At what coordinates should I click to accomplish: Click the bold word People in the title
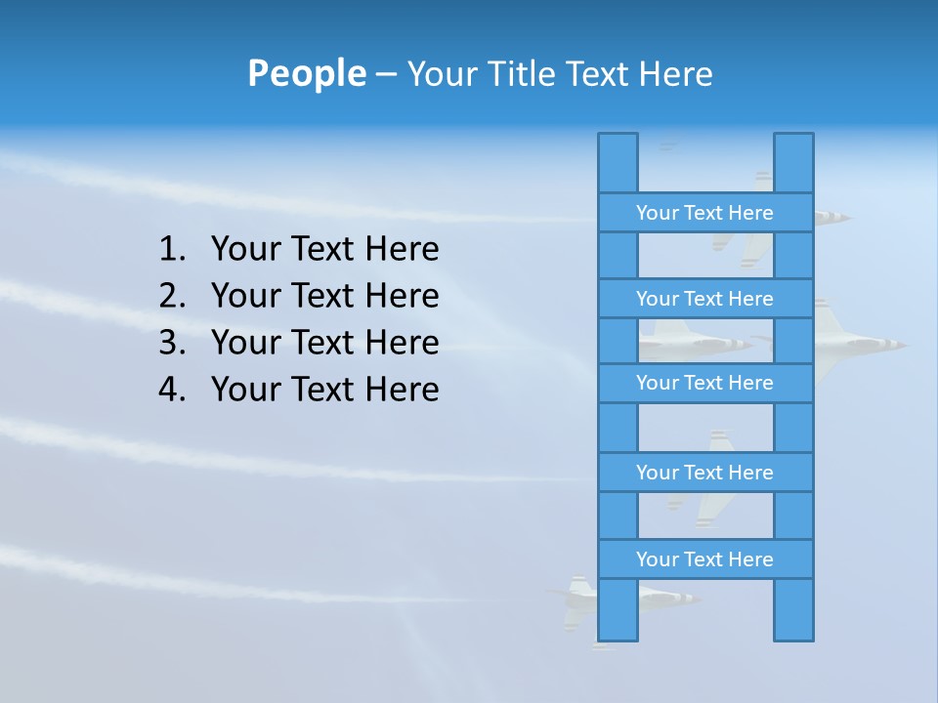[x=306, y=74]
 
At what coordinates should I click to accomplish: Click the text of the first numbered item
[x=324, y=250]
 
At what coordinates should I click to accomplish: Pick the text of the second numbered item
[x=324, y=296]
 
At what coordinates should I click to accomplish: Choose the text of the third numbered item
[x=324, y=343]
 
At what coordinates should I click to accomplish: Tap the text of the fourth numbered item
[x=324, y=390]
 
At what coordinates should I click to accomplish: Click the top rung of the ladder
[x=704, y=213]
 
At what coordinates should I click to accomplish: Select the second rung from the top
[x=704, y=299]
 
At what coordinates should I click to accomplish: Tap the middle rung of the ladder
[x=704, y=383]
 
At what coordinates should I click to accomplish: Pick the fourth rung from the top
[x=704, y=473]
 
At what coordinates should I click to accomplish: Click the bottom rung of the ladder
[x=704, y=559]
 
